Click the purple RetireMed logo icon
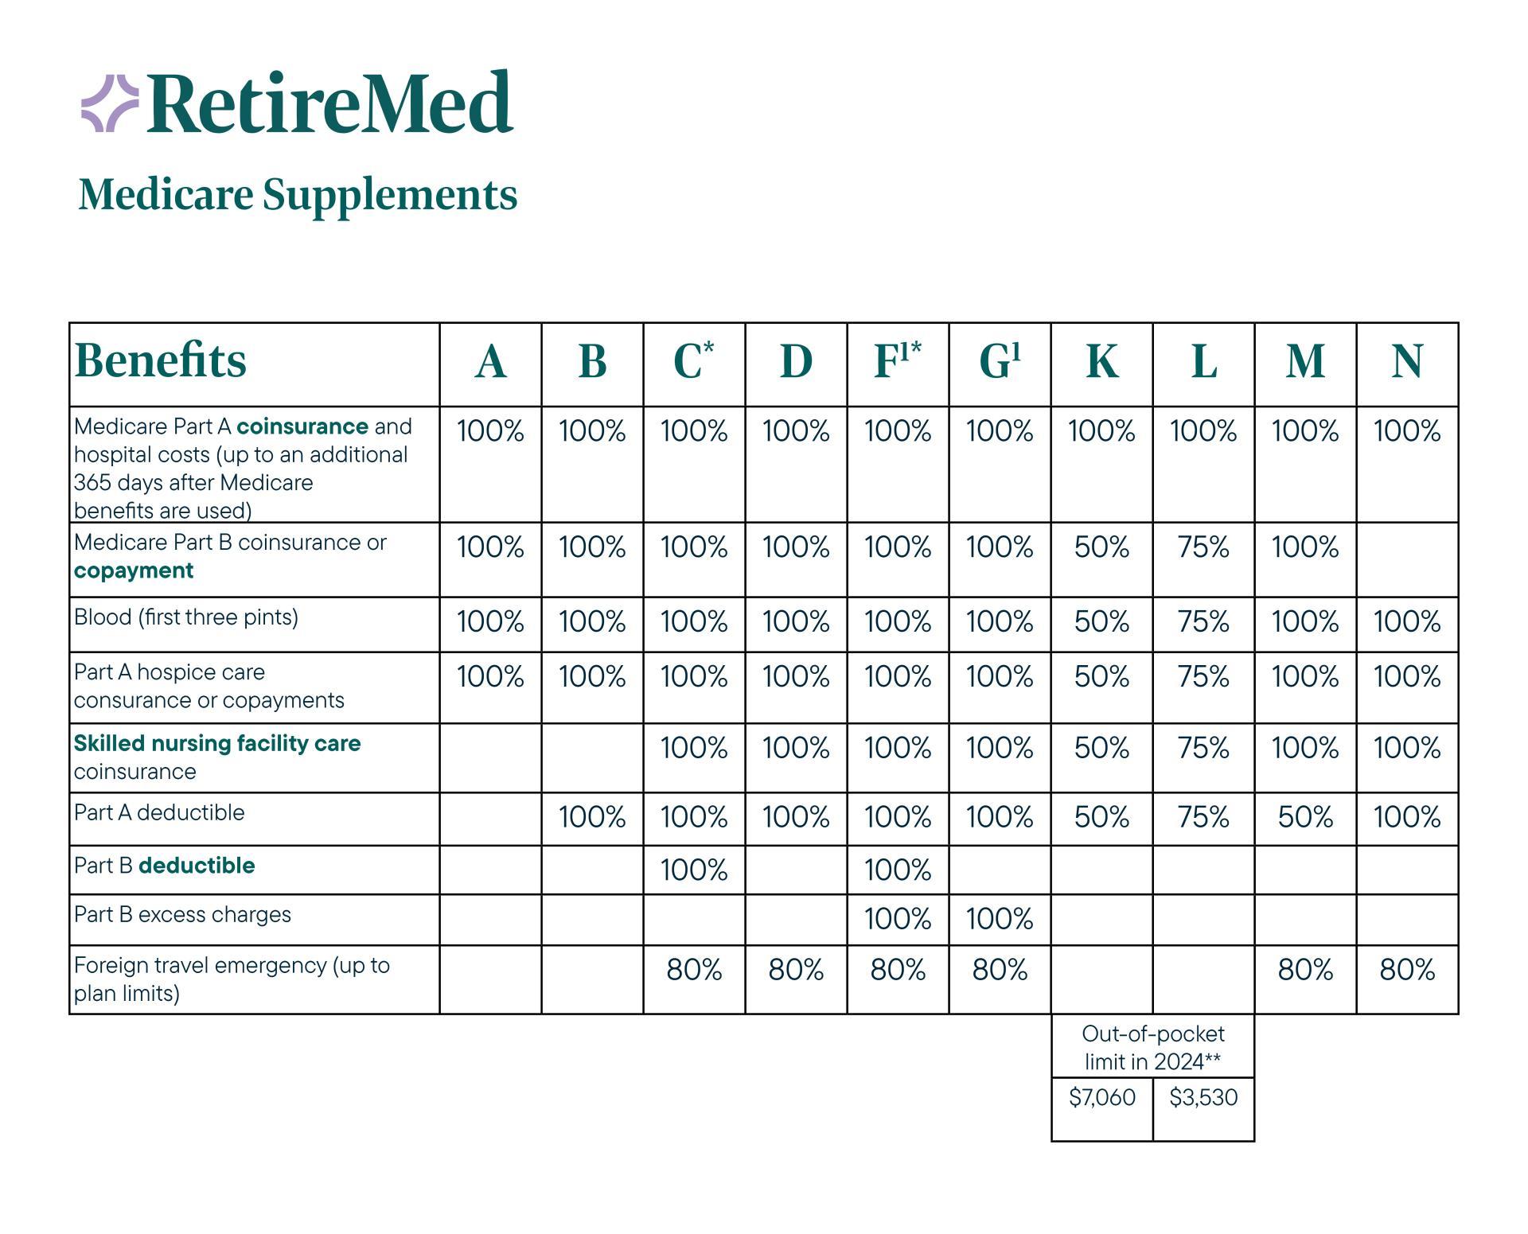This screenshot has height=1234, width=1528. tap(110, 103)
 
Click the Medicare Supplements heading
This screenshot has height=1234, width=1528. tap(298, 194)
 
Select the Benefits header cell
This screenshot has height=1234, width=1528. tap(161, 360)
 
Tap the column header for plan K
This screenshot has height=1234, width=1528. tap(1101, 362)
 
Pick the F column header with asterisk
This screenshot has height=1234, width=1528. tap(897, 360)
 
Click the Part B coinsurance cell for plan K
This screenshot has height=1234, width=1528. tap(1101, 547)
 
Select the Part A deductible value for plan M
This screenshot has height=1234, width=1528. tap(1305, 817)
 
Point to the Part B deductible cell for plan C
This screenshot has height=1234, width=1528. tap(694, 870)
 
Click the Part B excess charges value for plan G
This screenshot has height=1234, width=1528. tap(1000, 919)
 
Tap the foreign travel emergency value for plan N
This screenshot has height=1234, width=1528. tap(1407, 970)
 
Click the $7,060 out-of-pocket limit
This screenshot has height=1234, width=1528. tap(1101, 1098)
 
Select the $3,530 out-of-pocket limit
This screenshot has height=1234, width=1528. tap(1203, 1098)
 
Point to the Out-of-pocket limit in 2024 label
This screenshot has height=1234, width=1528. tap(1152, 1048)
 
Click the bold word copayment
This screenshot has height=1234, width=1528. tap(134, 571)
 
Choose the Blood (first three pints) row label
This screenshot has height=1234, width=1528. tap(186, 617)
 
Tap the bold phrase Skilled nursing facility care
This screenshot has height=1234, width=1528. tap(217, 743)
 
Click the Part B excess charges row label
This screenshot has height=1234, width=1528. tap(182, 914)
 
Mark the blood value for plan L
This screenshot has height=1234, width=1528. tap(1203, 621)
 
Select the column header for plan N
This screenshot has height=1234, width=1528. tap(1407, 362)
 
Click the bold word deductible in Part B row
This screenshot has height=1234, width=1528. tap(197, 866)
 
